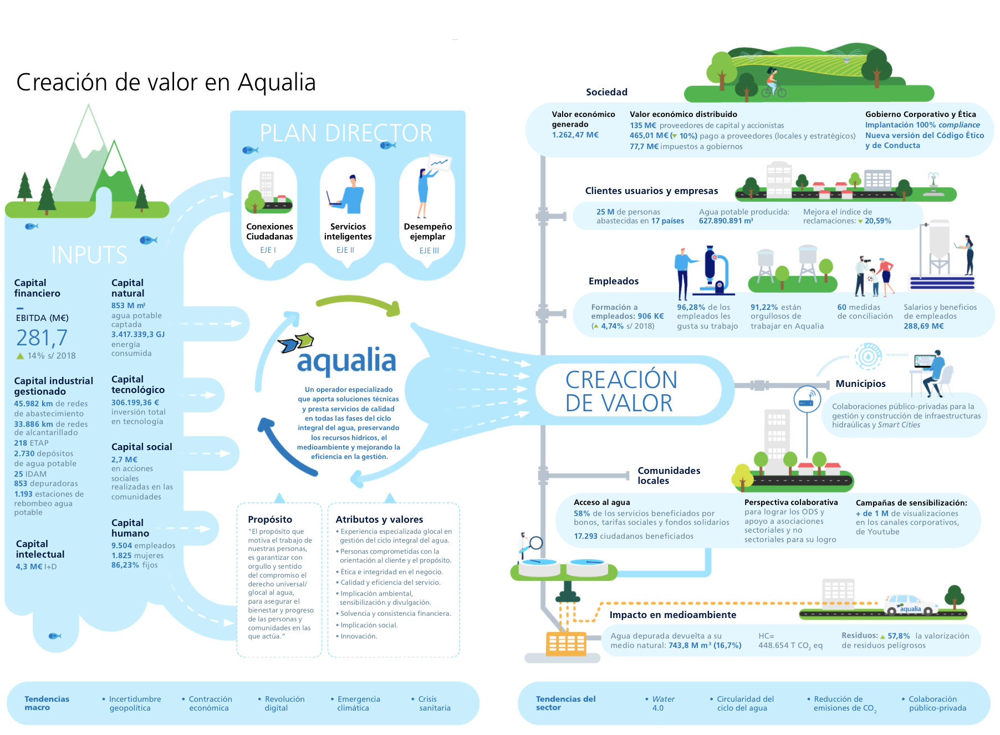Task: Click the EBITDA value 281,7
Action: [42, 338]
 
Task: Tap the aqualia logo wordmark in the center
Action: [346, 361]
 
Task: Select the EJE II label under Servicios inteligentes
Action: [345, 250]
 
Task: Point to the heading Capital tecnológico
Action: [137, 384]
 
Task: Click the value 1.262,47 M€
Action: [575, 135]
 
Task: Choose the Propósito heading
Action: [270, 519]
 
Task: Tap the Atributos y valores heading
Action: [379, 519]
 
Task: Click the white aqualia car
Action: [910, 605]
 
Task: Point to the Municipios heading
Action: [860, 384]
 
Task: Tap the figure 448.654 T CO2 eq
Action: [790, 645]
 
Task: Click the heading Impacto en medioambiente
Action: [672, 615]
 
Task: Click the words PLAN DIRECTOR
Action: [346, 133]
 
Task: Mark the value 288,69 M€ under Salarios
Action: [924, 326]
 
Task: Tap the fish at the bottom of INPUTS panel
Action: [55, 636]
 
